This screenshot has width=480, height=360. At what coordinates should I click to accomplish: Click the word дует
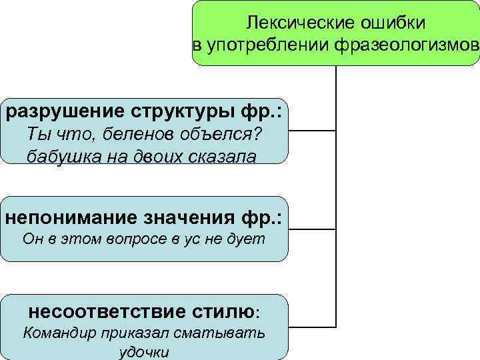(x=249, y=239)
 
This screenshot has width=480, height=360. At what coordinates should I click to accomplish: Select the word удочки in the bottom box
(x=144, y=351)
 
